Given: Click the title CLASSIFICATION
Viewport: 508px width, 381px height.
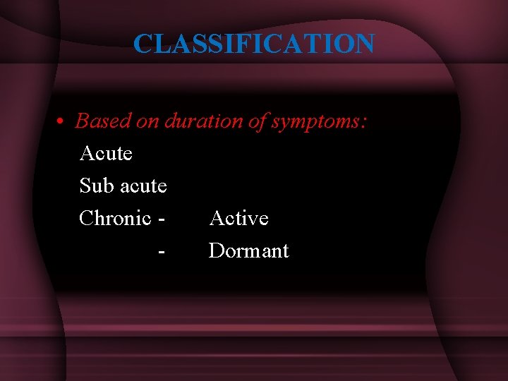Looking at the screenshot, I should click(x=254, y=44).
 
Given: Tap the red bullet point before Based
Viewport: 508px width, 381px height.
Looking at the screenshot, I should click(x=61, y=122).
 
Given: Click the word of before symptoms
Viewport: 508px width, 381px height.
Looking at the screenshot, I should click(x=257, y=121).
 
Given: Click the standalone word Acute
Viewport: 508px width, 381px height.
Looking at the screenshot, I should click(x=106, y=153).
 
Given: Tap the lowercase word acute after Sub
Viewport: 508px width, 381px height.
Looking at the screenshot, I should click(x=143, y=186).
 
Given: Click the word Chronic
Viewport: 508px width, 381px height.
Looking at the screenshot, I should click(x=116, y=218).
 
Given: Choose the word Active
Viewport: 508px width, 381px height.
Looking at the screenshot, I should click(x=239, y=218).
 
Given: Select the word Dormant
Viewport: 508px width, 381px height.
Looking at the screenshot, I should click(x=248, y=250).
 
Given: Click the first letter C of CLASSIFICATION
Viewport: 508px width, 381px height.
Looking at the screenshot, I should click(x=143, y=44).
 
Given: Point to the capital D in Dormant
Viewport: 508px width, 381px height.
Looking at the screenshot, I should click(x=216, y=250).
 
